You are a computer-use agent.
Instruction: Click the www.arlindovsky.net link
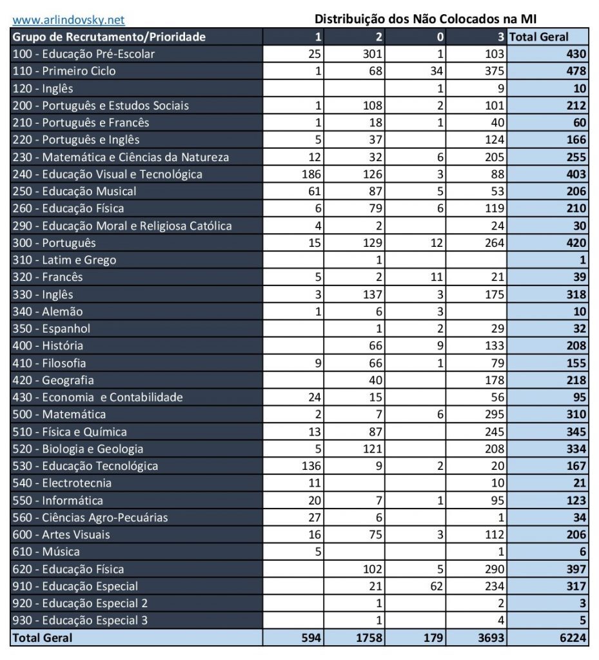69,20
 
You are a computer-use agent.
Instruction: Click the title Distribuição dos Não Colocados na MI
426,19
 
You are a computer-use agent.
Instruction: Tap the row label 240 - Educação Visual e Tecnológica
108,174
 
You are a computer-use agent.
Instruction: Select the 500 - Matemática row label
59,414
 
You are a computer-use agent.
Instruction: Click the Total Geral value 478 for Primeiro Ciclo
575,71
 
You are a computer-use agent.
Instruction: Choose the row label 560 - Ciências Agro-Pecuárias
90,517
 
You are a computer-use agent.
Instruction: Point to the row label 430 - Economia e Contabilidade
97,397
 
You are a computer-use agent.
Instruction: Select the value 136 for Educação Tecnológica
311,466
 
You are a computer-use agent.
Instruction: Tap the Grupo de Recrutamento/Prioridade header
109,37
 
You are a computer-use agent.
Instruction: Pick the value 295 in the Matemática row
493,414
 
